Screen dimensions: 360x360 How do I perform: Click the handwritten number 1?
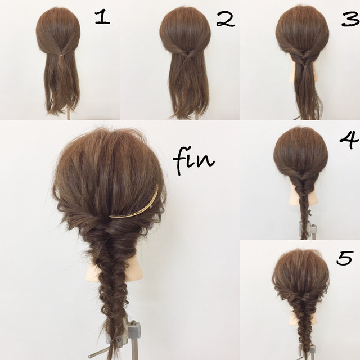102,17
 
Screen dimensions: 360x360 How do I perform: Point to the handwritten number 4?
349,139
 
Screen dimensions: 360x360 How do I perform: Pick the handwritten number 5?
344,258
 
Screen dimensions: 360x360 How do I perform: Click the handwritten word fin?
194,160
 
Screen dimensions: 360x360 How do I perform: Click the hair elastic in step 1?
61,55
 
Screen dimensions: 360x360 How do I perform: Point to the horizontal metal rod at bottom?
99,353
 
